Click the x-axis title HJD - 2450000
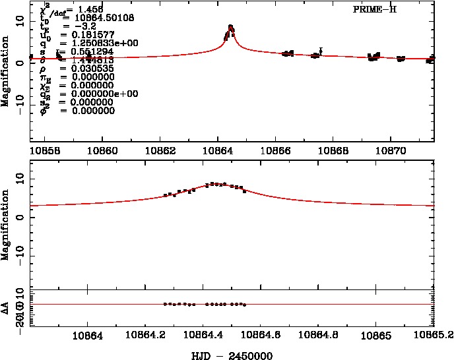(x=232, y=355)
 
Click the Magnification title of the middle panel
(x=6, y=225)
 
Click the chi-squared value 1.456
(x=90, y=10)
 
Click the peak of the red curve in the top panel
(x=230, y=26)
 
